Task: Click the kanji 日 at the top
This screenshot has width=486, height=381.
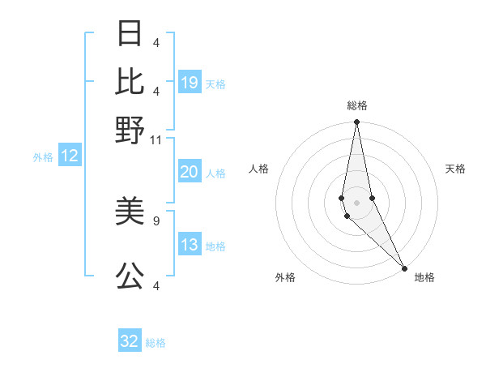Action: (x=130, y=34)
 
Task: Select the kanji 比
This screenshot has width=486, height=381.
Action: (x=130, y=82)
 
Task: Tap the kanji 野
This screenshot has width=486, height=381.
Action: (x=130, y=130)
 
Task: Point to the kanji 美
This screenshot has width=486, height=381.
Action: (x=130, y=212)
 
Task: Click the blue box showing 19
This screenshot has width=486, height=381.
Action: (x=190, y=83)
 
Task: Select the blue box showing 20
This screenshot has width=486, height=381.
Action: (x=190, y=172)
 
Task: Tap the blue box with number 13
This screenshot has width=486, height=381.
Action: (x=190, y=246)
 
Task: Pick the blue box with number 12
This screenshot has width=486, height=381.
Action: (x=70, y=156)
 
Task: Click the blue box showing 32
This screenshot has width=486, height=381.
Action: (x=130, y=341)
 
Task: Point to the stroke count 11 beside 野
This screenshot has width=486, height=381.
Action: (x=156, y=139)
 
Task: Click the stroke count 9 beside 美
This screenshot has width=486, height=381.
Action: (x=156, y=219)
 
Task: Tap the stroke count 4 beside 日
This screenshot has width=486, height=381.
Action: (x=156, y=41)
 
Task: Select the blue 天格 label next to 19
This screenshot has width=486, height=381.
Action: (x=215, y=83)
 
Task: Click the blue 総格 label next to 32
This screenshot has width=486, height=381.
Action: (x=156, y=343)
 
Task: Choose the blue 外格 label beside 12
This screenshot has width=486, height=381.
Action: (x=42, y=157)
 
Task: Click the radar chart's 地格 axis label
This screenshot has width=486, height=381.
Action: (x=424, y=277)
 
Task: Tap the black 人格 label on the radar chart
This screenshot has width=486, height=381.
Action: (x=259, y=169)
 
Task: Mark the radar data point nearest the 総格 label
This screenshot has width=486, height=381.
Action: (x=356, y=122)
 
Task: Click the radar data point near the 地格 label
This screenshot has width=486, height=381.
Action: (x=404, y=268)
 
